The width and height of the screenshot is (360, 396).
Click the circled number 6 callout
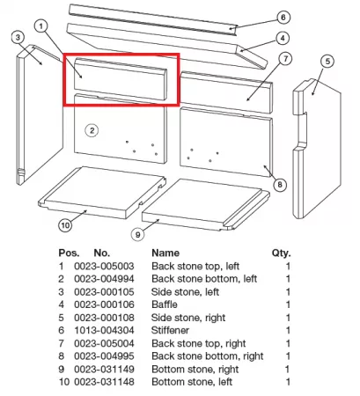pos(283,18)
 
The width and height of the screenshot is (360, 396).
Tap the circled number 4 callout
pos(283,38)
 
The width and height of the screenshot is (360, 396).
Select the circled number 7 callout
pos(286,59)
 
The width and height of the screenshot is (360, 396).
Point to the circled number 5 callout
pos(327,62)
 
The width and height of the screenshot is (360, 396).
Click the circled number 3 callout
pos(18,38)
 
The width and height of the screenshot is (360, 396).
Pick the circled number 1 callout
pos(40,26)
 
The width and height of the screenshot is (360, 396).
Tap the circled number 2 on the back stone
pos(92,130)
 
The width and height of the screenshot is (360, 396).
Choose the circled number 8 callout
pos(280,185)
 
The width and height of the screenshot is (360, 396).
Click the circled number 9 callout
pos(138,234)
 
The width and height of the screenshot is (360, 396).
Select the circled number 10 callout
pos(65,225)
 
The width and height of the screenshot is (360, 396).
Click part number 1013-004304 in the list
pos(104,330)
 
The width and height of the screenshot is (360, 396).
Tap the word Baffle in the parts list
pos(165,304)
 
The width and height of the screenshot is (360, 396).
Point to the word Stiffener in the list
pos(170,330)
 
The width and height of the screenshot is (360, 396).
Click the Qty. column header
pos(281,253)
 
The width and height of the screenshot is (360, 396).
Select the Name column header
pos(165,253)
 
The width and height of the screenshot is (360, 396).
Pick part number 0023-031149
pos(104,369)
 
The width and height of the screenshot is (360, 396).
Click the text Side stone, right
pos(188,318)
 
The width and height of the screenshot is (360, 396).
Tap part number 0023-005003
pos(104,266)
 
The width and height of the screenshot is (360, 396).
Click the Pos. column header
pos(69,253)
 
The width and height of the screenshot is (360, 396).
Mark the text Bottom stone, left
pos(192,382)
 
